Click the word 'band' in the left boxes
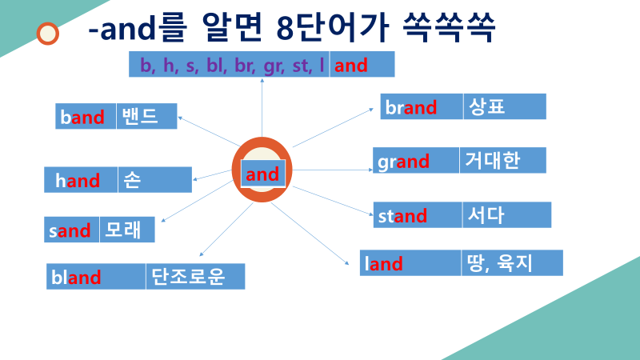pos(82,118)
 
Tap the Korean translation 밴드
pos(138,117)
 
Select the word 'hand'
pos(78,181)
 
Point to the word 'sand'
pos(69,231)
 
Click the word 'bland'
pos(76,278)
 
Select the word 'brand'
pos(410,108)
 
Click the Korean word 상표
pos(485,106)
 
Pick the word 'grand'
pos(403,162)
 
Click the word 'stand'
pos(402,215)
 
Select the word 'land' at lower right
pos(384,263)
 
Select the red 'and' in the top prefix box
pos(351,66)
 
